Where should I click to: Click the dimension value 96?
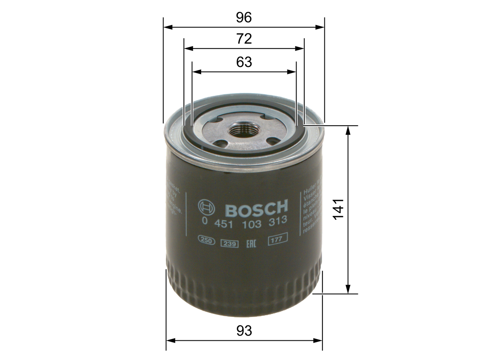[244, 18]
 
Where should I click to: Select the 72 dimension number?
[244, 39]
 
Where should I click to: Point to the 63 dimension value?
[244, 62]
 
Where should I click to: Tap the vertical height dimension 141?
[338, 210]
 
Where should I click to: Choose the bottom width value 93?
[244, 330]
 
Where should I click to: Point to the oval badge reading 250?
[206, 241]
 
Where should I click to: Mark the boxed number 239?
[229, 243]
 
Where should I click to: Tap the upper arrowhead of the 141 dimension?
[348, 130]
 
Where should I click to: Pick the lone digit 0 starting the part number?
[204, 222]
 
